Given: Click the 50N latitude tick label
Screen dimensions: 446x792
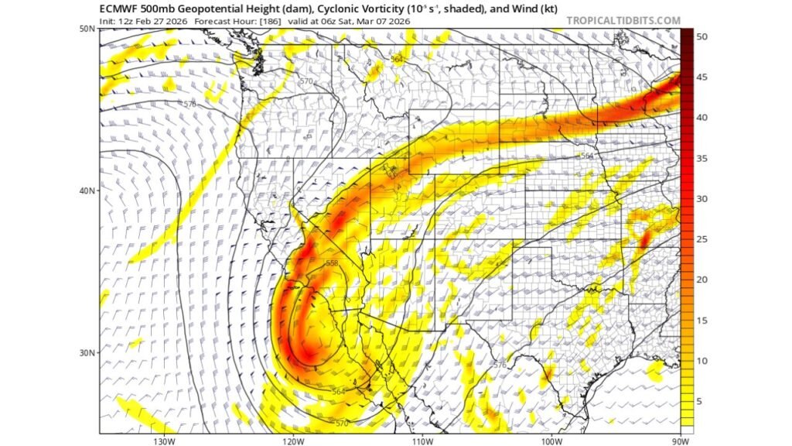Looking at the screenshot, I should [x=87, y=29].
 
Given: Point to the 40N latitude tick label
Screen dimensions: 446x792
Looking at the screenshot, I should [x=87, y=190].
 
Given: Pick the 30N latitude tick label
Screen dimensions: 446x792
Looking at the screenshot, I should [x=87, y=352].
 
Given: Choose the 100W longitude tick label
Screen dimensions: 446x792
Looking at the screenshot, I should [x=551, y=441].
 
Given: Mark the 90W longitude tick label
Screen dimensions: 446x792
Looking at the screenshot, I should [x=680, y=441].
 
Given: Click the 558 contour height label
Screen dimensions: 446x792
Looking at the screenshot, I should [x=332, y=264].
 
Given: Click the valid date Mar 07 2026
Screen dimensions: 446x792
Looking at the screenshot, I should [x=384, y=21].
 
